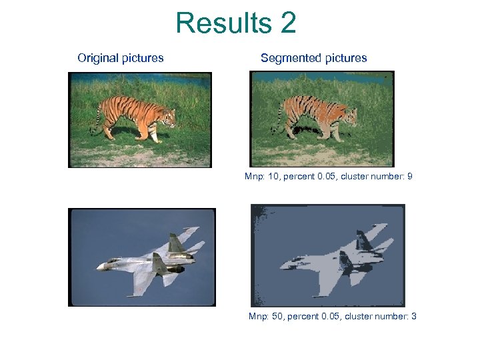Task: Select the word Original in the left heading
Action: (x=98, y=58)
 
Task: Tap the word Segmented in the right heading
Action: (x=291, y=58)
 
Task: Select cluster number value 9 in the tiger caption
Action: (x=410, y=177)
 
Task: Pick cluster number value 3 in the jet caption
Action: (x=414, y=316)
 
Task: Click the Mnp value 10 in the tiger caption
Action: (x=273, y=177)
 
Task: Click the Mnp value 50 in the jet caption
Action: (x=277, y=316)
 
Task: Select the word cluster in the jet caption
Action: (x=359, y=316)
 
